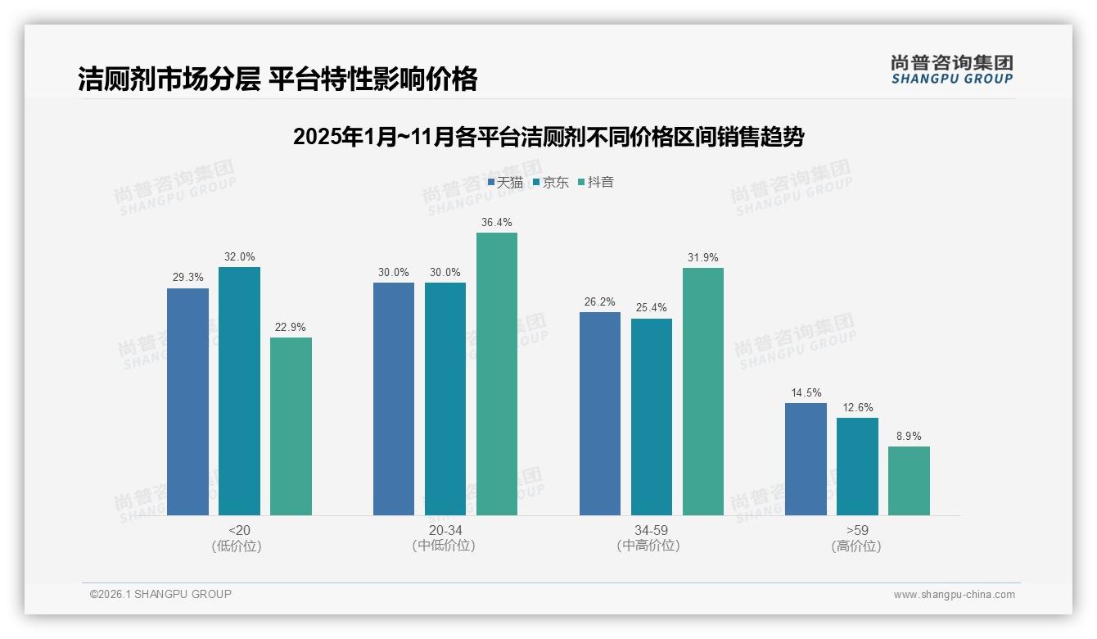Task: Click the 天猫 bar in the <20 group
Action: point(187,401)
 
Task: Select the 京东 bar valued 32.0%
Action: point(239,391)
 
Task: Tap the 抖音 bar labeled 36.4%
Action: point(497,374)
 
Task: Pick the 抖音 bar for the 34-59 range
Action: point(703,392)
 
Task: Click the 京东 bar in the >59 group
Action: point(857,466)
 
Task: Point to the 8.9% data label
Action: point(909,437)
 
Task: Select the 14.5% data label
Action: point(806,393)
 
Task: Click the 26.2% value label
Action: point(599,302)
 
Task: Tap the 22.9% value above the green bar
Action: point(291,328)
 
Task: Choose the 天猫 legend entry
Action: point(505,183)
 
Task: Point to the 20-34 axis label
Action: point(445,531)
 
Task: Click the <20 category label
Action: point(239,531)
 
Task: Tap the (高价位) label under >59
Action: point(856,546)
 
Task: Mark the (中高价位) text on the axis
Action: point(651,546)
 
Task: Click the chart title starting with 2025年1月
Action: point(548,137)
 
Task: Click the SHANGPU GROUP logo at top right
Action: point(952,70)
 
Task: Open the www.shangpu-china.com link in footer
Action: point(954,595)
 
